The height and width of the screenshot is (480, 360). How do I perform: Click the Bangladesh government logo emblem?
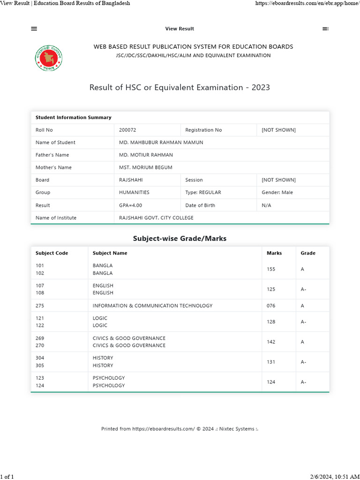[x=49, y=59]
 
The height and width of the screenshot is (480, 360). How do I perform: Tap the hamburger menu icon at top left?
[x=34, y=29]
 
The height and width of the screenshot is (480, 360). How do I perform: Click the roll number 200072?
[x=127, y=130]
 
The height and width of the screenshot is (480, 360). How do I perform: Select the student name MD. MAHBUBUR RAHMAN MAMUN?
[x=161, y=142]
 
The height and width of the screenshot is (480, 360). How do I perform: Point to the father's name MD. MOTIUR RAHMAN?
[x=146, y=155]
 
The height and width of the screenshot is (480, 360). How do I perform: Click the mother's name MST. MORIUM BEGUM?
[x=146, y=167]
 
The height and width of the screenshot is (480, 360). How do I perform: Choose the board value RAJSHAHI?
[x=131, y=180]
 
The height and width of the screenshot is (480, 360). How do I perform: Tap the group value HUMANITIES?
[x=134, y=192]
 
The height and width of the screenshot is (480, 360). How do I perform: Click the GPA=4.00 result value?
[x=130, y=205]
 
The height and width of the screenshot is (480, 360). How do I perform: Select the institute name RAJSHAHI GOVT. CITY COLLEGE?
[x=156, y=217]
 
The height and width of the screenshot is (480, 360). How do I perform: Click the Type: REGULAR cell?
[x=203, y=192]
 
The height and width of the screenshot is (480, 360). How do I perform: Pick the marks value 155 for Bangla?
[x=271, y=269]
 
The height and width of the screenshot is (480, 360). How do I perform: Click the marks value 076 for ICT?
[x=271, y=306]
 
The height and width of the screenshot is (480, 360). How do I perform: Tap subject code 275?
[x=40, y=306]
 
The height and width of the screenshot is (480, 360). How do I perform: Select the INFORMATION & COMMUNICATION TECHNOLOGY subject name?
[x=152, y=306]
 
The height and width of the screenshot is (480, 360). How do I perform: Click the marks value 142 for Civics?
[x=271, y=342]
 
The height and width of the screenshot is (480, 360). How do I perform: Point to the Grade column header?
[x=308, y=253]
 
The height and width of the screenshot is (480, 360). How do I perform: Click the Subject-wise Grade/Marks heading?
[x=180, y=239]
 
